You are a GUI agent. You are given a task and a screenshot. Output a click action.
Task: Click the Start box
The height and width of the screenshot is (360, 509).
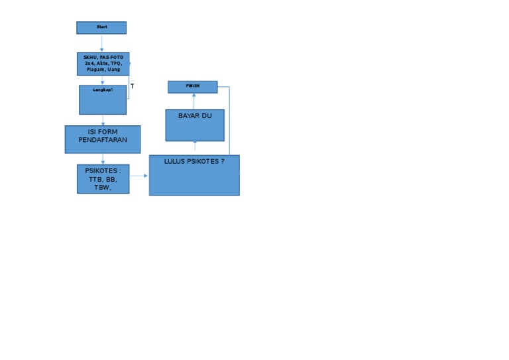tap(101, 27)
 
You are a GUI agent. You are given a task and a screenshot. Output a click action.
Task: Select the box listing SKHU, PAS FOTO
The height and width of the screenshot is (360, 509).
tap(103, 64)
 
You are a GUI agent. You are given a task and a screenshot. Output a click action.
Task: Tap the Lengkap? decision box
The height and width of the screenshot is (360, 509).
tap(103, 99)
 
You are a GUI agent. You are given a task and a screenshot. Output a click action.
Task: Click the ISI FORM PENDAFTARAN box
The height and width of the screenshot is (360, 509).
tap(103, 139)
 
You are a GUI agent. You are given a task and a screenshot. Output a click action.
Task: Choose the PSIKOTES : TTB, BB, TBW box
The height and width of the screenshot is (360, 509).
tap(103, 179)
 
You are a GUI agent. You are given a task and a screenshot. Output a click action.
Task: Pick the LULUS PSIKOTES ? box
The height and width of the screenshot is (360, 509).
tap(194, 176)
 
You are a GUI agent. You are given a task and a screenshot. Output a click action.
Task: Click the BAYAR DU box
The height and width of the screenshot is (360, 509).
tap(195, 125)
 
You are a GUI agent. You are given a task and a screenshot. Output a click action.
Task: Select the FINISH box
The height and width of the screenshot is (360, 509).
tap(192, 87)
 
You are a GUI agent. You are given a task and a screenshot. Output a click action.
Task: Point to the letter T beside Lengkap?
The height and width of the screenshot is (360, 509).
tap(133, 87)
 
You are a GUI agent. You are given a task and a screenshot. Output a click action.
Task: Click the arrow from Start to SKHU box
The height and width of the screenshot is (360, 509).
tap(101, 43)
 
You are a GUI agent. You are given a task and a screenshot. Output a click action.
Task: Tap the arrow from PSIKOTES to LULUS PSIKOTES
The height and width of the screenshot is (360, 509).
tap(139, 176)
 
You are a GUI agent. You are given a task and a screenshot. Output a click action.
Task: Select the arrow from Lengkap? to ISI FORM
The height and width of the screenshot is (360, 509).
tap(103, 120)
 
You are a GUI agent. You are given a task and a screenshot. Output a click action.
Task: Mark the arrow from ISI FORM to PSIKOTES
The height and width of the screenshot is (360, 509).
tap(103, 159)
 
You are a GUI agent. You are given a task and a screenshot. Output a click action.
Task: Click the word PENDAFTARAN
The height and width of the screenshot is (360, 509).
tap(103, 140)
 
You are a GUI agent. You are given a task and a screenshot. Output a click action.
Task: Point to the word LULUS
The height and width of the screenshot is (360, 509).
tap(175, 161)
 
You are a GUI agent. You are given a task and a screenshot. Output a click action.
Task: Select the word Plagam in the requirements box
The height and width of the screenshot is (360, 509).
tap(96, 69)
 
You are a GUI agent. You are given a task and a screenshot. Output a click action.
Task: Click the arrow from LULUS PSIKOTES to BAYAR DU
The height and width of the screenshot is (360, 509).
tap(194, 147)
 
